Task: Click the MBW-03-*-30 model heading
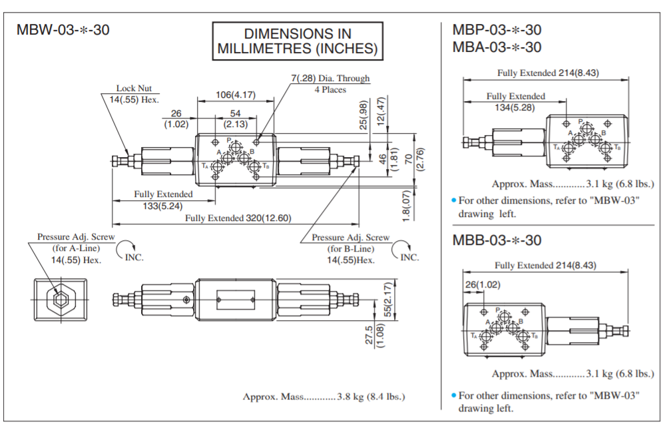pos(63,30)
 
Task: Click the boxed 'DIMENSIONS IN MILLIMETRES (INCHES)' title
pos(298,41)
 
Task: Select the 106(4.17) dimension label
pos(236,95)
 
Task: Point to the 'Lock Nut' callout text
pos(134,88)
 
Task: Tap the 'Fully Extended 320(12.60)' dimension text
pos(238,218)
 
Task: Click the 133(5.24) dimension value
pos(162,206)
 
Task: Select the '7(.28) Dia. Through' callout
pos(330,79)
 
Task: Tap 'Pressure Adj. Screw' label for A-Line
pos(76,236)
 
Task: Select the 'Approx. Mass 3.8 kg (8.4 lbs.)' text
pos(324,397)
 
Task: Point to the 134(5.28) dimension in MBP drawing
pos(516,108)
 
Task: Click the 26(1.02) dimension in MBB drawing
pos(483,284)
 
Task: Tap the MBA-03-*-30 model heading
pos(497,47)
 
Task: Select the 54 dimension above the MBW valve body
pos(235,114)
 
